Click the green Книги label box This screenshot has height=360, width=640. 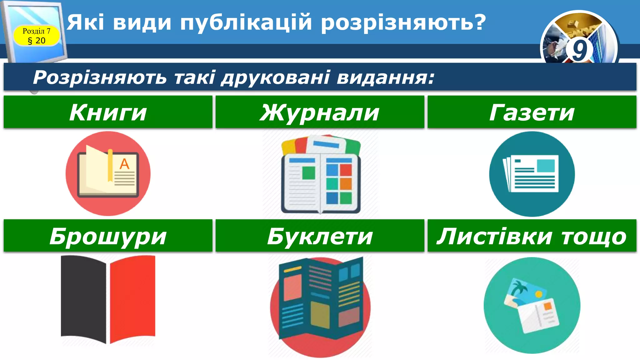coord(108,112)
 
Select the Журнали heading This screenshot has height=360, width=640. coord(320,112)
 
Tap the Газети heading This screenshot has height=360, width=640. coord(532,112)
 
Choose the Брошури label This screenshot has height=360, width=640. coord(108,236)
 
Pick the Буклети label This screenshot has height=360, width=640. coord(320,236)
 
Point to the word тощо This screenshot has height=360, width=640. coord(594,237)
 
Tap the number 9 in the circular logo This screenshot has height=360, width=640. coord(579,50)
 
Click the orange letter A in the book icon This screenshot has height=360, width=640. coord(124,164)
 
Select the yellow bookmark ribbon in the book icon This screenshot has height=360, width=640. coord(110,166)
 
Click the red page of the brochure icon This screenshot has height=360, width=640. coord(133,298)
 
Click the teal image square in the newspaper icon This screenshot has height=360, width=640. coord(545,166)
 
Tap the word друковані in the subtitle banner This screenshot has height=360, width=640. coord(275,77)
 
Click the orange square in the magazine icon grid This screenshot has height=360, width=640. coord(346,184)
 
